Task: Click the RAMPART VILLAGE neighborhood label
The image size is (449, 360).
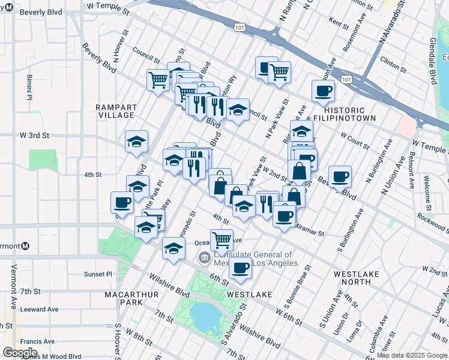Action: tap(116, 111)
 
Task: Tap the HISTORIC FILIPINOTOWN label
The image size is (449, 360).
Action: tap(352, 115)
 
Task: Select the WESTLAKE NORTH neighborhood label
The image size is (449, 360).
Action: tap(357, 278)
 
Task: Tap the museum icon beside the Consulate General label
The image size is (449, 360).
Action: tap(204, 258)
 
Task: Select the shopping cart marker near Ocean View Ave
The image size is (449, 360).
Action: tap(221, 239)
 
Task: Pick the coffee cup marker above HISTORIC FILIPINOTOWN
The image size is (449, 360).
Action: tap(323, 91)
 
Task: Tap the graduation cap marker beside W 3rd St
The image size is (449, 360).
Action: tap(136, 142)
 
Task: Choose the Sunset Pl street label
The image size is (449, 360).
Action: tap(98, 274)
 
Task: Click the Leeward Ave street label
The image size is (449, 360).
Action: tap(39, 309)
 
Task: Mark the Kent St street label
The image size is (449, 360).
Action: tap(339, 24)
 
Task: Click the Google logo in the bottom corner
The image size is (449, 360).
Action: tap(19, 352)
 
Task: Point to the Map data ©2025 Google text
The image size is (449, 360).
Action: tap(412, 355)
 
